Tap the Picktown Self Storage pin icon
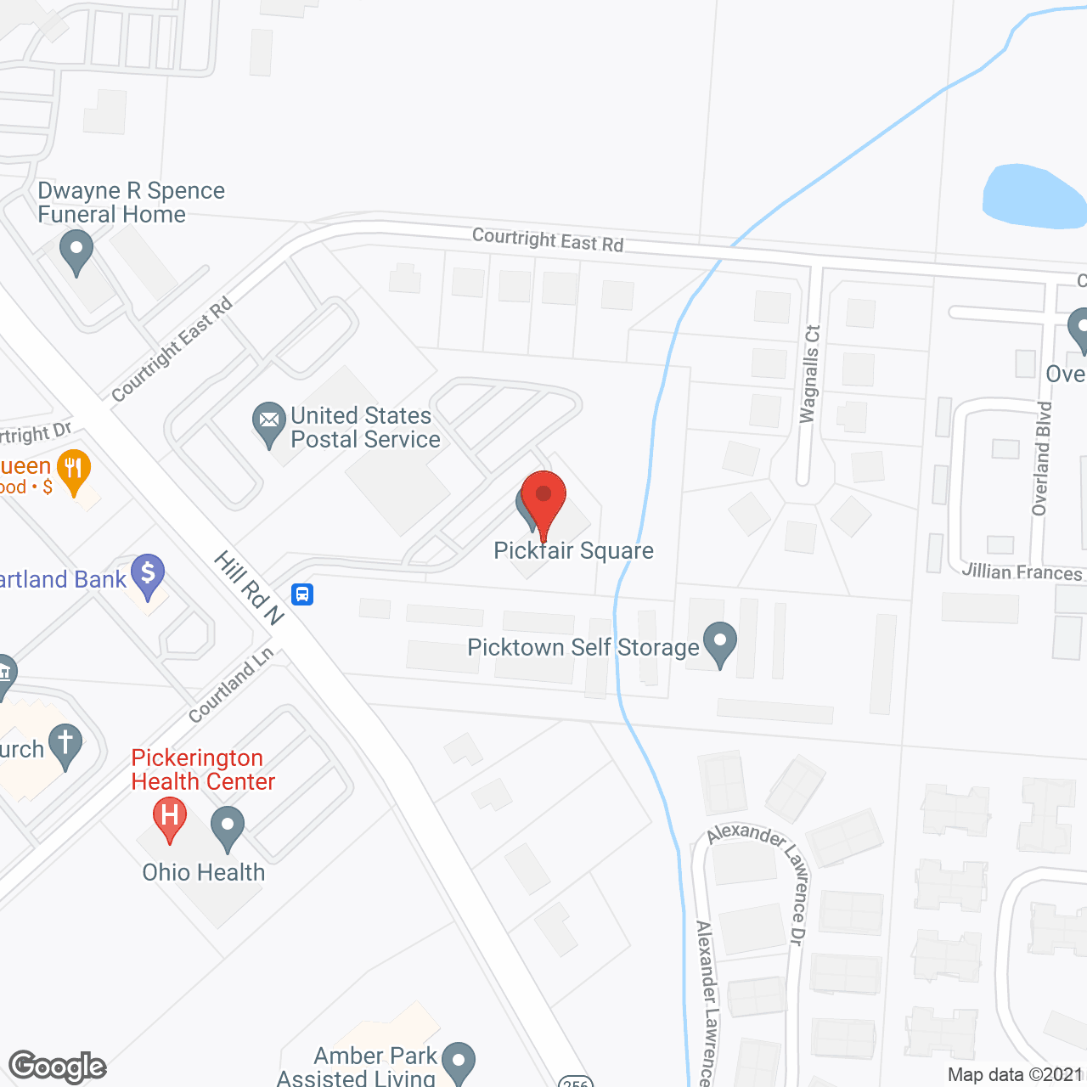coord(721,645)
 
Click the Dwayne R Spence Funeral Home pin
coord(76,253)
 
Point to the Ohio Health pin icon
coord(227,827)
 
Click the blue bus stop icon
coord(302,594)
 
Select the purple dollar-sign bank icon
coord(148,574)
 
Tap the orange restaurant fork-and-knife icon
coord(75,470)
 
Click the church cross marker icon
coord(65,745)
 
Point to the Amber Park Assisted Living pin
coord(459,1062)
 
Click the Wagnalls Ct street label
coord(810,374)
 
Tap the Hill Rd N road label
coord(249,588)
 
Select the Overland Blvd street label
coord(1042,459)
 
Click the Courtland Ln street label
coord(231,685)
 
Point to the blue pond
coord(1032,197)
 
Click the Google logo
coord(58,1067)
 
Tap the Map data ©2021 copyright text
coord(1015,1074)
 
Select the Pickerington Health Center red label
coord(203,769)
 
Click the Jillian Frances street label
coord(1022,572)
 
